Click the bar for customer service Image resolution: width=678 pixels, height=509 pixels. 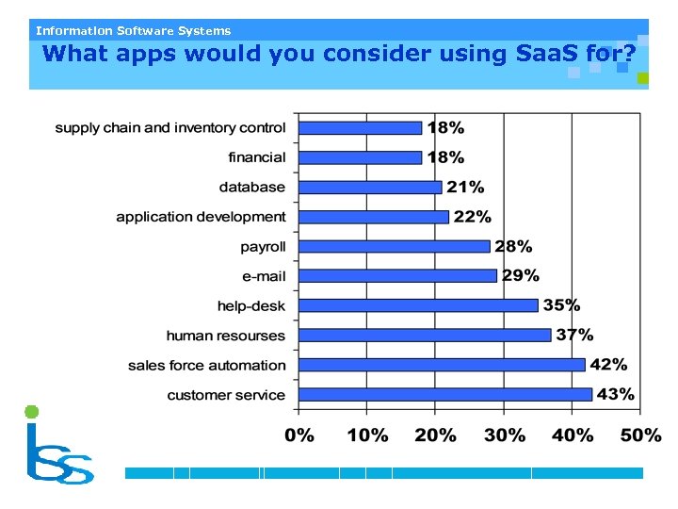[445, 394]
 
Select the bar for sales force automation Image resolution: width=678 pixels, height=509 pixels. [442, 365]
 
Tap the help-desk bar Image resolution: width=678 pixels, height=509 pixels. [418, 305]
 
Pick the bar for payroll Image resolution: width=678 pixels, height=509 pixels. [395, 246]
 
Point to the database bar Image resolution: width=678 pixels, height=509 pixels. [370, 187]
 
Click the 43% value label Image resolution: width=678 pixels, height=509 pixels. [615, 394]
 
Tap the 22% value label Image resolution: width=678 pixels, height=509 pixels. [472, 217]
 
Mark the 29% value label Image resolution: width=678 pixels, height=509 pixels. [520, 275]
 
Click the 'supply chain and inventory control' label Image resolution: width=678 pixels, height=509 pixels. [169, 127]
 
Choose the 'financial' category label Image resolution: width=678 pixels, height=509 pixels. [256, 157]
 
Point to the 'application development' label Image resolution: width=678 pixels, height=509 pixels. [201, 217]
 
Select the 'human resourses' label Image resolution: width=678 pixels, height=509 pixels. [225, 336]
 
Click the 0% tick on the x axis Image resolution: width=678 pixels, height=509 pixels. [299, 435]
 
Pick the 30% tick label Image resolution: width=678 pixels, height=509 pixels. [505, 435]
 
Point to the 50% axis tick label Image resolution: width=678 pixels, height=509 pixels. [640, 435]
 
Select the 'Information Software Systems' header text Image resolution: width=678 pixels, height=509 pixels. [133, 31]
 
